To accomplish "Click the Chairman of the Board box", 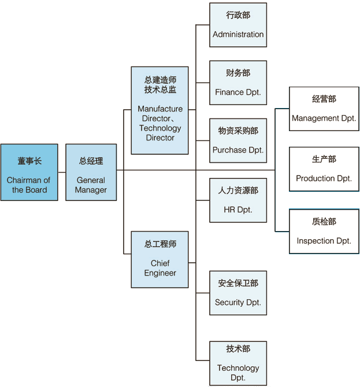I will click(29, 172).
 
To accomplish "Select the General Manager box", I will click(91, 172).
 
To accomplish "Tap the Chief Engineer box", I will click(160, 259).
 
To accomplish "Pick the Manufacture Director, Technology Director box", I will click(160, 110).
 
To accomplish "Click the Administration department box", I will click(238, 25).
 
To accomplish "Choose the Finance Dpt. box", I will click(238, 83).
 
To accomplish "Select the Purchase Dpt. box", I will click(238, 140).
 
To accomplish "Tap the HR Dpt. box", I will click(238, 200).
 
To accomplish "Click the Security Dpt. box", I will click(238, 293).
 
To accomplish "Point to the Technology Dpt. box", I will click(238, 363).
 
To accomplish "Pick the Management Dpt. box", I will click(324, 109).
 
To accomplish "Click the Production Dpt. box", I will click(324, 169).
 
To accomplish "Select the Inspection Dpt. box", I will click(324, 231).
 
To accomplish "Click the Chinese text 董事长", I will click(29, 161).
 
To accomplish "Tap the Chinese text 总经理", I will click(91, 161).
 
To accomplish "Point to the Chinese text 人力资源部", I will click(238, 190).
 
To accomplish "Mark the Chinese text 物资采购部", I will click(238, 131).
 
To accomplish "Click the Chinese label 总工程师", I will click(160, 244).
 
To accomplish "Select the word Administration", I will click(238, 35).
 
